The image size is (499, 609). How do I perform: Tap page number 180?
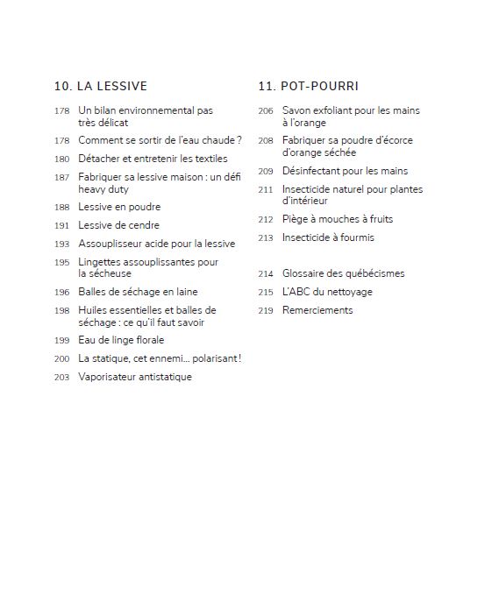point(61,159)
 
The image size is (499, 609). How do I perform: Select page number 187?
point(61,177)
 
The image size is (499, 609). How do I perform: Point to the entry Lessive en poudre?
point(119,207)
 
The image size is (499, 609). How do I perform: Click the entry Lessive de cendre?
point(119,225)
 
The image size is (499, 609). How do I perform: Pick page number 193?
point(61,244)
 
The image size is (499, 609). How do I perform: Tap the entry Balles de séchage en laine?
point(138,292)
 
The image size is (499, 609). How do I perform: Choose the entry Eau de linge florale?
point(121,340)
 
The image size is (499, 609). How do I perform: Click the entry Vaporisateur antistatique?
point(135,377)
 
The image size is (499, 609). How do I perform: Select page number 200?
point(61,359)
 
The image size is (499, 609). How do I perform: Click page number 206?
point(266,111)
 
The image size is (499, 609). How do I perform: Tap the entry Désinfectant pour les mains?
point(345,171)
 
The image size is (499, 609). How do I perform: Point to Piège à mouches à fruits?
point(338,219)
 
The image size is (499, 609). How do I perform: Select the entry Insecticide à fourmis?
point(328,237)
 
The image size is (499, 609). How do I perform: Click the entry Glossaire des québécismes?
point(343,273)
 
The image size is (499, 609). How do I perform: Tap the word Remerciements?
point(317,310)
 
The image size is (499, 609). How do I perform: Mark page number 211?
point(266,190)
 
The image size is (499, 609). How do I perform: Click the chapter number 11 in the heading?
point(265,86)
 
